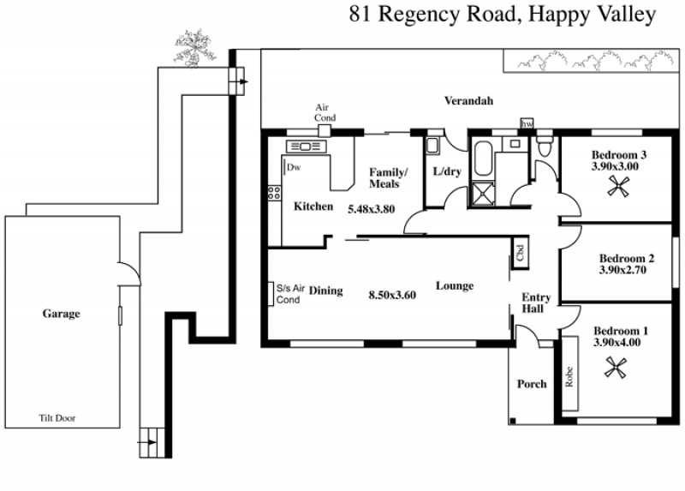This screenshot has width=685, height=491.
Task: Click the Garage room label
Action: coord(61,314)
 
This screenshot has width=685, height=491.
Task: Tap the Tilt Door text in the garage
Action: coord(57,418)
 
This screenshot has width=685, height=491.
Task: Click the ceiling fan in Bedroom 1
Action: coord(616,368)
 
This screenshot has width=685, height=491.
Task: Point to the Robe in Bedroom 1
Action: coord(569,374)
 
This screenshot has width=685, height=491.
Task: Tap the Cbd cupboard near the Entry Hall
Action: coord(520,253)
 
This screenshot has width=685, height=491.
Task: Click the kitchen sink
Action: coord(306,147)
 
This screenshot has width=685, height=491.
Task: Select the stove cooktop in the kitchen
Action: coord(274,193)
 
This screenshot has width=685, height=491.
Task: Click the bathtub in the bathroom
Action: coord(483,158)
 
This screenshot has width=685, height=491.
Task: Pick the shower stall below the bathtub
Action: coord(482,194)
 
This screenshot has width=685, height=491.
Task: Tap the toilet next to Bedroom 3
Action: coord(545,147)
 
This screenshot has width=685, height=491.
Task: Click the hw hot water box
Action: coord(527,123)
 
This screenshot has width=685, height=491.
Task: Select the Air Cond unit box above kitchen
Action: coord(325,131)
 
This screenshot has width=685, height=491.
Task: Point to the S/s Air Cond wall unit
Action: coord(271,294)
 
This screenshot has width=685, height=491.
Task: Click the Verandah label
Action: coord(468,100)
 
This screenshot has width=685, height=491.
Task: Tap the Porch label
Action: coord(532,384)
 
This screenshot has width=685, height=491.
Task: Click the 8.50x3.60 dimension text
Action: coord(392,295)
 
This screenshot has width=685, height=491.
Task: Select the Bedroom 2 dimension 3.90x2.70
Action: coord(622,270)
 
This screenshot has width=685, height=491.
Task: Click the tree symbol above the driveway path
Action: coord(195,48)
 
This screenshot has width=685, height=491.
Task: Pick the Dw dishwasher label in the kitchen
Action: coord(294,167)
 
